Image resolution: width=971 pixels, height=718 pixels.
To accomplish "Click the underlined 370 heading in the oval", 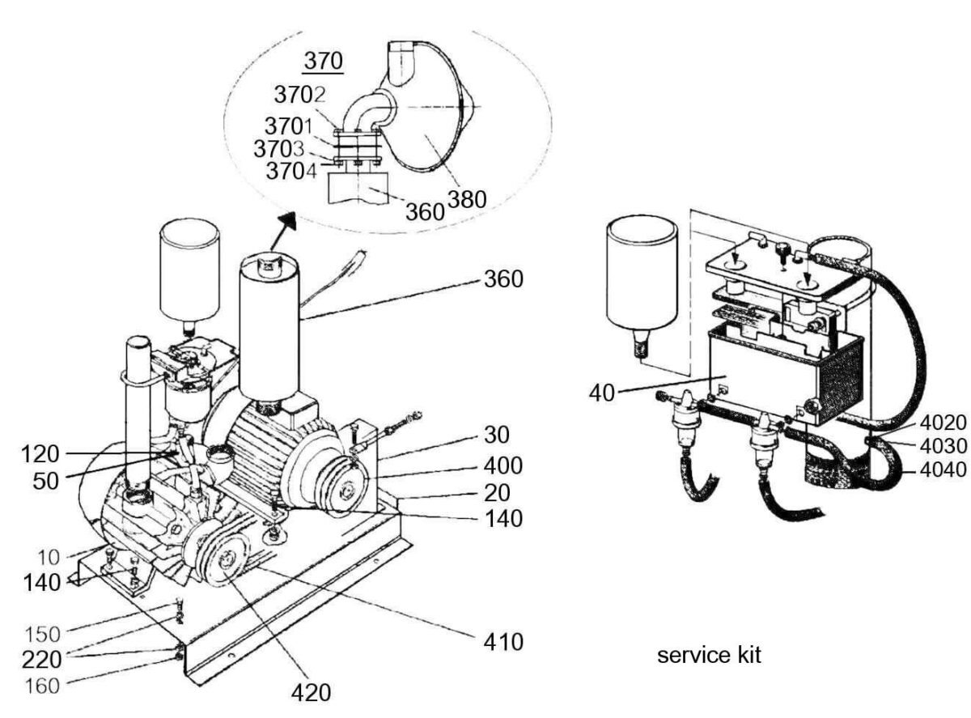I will [x=323, y=61].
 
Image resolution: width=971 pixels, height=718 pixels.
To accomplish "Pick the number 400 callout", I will [x=503, y=465].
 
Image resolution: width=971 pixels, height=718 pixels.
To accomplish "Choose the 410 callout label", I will [x=503, y=641].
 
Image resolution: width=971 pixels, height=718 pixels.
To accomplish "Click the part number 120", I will [x=40, y=455].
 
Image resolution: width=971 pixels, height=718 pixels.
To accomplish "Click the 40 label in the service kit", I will [x=602, y=393].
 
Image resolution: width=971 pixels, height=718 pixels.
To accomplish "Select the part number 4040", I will [x=943, y=469].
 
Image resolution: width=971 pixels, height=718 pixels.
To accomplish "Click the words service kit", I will [x=709, y=655].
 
